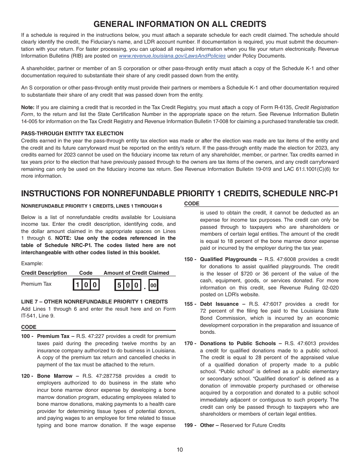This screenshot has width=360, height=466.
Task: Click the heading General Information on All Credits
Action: (x=180, y=24)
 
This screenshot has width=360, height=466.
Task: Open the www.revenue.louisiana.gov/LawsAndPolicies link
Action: (x=172, y=56)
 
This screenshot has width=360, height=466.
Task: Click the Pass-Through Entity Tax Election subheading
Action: (x=72, y=133)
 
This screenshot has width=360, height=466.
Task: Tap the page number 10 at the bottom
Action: (x=180, y=450)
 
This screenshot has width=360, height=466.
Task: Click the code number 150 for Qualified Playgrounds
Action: (x=189, y=260)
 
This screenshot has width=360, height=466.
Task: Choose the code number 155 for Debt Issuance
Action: (x=189, y=304)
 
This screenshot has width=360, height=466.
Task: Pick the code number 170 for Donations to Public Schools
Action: (x=189, y=343)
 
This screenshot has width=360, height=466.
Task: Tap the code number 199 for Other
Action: (x=189, y=425)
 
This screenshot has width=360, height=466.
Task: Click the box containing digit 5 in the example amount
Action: (x=119, y=285)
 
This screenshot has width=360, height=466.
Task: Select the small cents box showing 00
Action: (x=153, y=285)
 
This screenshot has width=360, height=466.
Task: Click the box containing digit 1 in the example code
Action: (x=77, y=285)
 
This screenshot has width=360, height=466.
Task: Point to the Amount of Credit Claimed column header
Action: (x=136, y=273)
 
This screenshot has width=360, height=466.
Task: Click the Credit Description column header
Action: (x=44, y=273)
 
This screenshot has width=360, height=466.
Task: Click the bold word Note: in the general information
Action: (x=28, y=107)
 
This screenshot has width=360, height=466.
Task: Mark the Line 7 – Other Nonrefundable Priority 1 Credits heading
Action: (x=94, y=302)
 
